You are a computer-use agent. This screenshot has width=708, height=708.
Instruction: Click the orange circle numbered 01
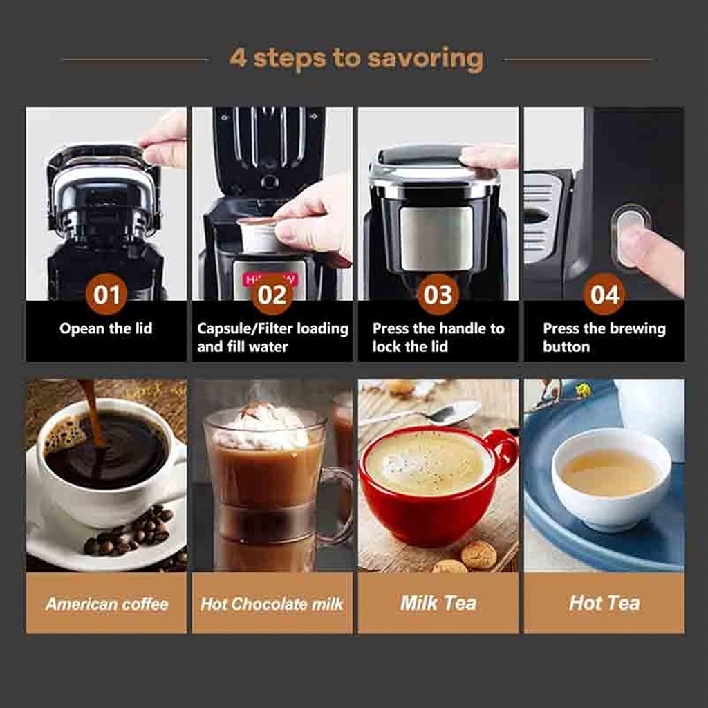point(106,295)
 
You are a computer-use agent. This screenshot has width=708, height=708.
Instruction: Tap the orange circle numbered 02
point(272,295)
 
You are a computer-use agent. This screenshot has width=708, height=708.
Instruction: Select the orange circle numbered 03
point(438,295)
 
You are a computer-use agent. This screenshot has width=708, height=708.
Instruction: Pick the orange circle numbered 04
point(604,295)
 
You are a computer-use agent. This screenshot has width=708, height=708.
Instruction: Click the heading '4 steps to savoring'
point(356,59)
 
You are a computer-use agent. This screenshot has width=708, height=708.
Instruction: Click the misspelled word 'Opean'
point(79,329)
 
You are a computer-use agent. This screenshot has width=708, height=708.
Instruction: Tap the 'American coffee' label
point(106,604)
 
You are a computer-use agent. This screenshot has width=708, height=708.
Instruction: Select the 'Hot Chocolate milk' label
point(272,604)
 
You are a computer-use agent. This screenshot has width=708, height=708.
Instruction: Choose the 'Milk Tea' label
point(438,603)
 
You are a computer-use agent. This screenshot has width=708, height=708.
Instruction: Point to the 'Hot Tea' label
point(604,603)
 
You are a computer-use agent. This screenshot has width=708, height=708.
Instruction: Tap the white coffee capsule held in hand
point(257,235)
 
